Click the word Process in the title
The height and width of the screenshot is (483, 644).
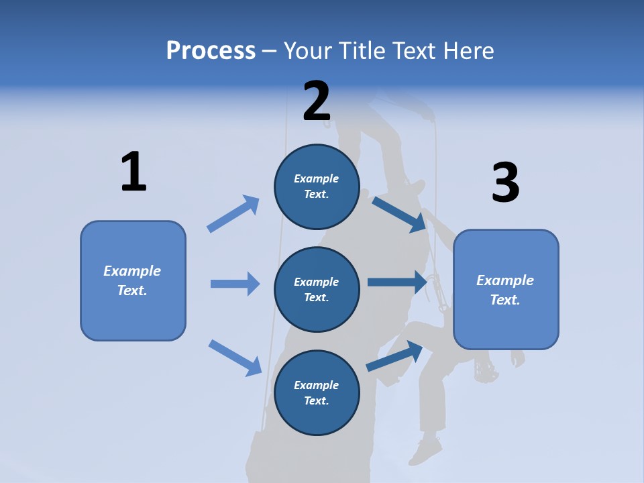point(211,51)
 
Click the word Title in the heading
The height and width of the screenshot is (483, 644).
point(361,51)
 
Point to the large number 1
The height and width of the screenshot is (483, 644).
point(133,172)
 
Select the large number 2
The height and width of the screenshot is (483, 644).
point(317,101)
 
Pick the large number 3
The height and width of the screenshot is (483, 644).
point(505,182)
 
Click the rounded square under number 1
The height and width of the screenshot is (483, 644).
point(133,280)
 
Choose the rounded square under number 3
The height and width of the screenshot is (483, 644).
point(506,290)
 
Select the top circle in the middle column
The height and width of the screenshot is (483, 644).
point(317,186)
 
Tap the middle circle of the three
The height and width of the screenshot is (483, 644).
point(317,289)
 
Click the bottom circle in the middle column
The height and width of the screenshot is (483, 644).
point(317,392)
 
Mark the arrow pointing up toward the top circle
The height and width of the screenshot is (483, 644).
point(233,213)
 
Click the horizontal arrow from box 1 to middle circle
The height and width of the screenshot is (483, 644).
point(235,284)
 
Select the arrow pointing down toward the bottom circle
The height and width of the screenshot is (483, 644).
point(235,357)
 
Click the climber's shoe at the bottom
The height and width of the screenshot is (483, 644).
point(425,450)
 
